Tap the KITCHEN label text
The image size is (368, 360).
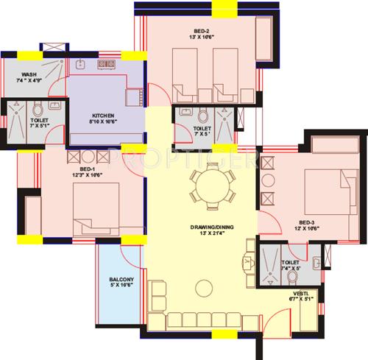102,116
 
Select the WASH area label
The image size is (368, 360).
29,74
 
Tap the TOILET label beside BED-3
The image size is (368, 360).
290,262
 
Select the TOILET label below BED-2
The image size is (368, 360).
201,128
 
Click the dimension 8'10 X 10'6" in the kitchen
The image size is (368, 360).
102,124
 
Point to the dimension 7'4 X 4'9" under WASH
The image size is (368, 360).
29,82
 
